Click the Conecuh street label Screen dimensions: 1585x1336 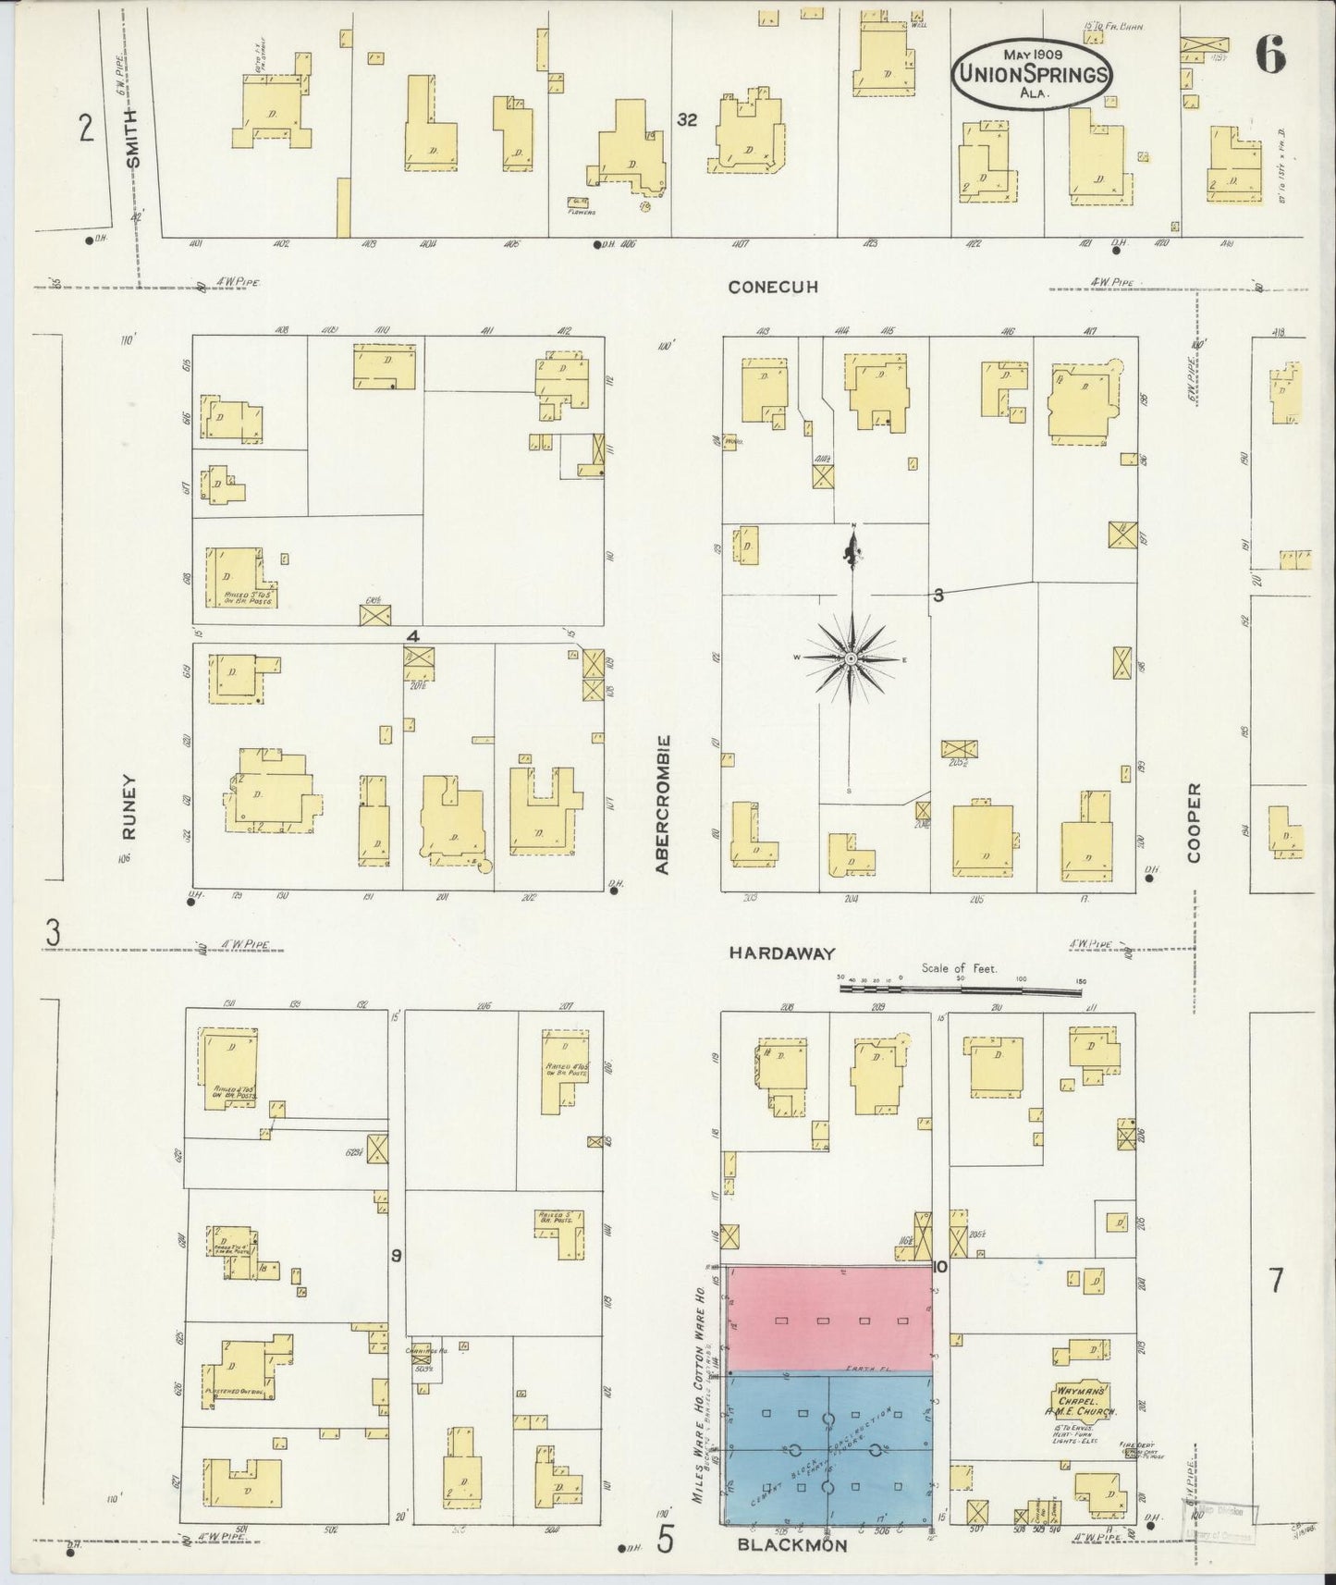point(773,287)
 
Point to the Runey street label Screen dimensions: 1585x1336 point(128,806)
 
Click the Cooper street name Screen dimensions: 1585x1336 point(1194,822)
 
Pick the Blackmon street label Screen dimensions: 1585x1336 point(792,1544)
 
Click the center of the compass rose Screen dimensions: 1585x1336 point(850,658)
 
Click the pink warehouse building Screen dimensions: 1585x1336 point(829,1318)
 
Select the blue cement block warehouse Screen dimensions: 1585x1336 point(829,1448)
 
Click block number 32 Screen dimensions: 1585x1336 point(686,119)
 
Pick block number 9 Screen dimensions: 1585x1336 point(396,1255)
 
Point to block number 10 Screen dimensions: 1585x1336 point(940,1267)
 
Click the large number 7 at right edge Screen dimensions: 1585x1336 point(1276,1281)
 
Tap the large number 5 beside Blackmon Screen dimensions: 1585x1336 point(665,1540)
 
